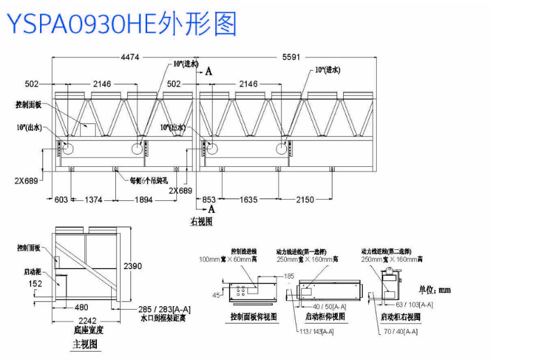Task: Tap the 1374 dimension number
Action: (x=93, y=200)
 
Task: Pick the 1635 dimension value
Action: (x=249, y=200)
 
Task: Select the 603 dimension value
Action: (x=61, y=200)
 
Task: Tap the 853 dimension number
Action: (x=209, y=200)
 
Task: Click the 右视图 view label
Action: (x=201, y=221)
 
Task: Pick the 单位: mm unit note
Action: (x=435, y=289)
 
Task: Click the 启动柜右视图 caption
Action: (x=400, y=317)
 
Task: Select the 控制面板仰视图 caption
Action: (x=253, y=317)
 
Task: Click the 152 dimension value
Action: (x=35, y=283)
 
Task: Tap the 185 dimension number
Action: (x=289, y=276)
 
